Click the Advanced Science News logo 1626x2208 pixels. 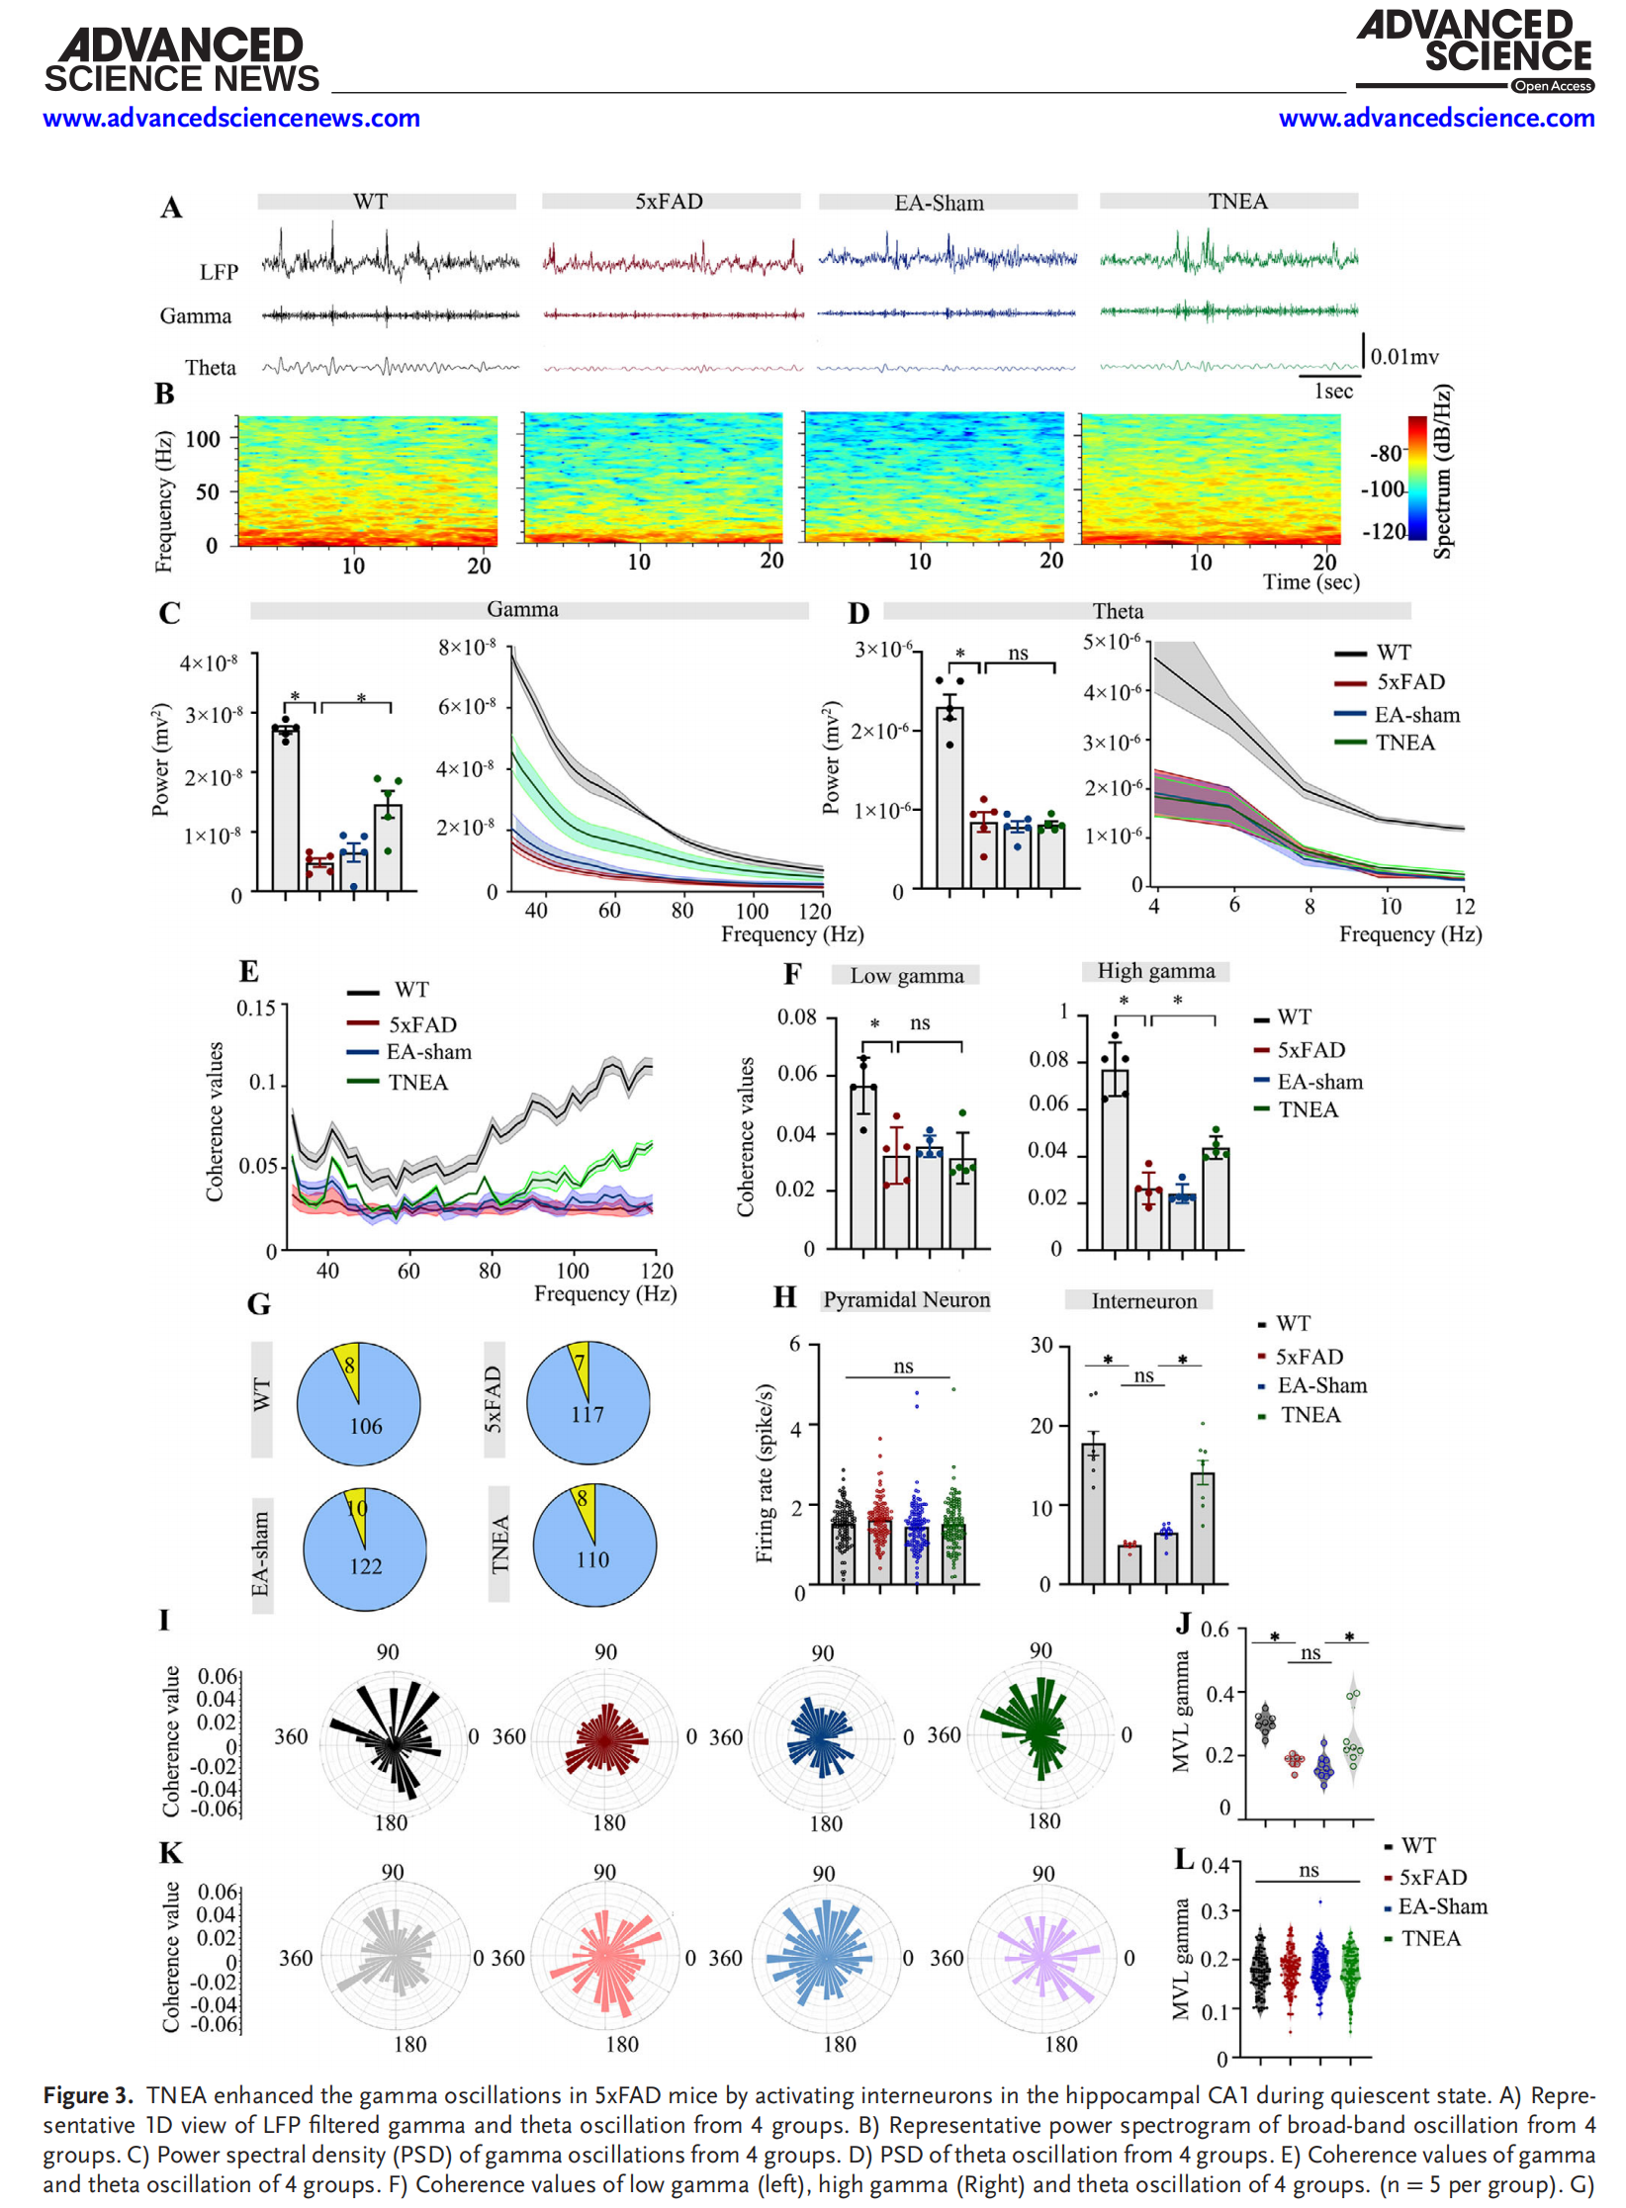181,61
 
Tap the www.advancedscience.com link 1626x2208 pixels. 1435,119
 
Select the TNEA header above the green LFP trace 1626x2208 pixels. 1236,202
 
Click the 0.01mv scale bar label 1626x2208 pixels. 1403,357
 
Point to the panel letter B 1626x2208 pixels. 164,395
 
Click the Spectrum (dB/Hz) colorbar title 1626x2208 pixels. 1443,472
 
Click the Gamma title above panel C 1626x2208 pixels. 522,610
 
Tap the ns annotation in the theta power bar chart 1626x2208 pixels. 1018,654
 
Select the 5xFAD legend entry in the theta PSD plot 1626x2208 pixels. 1409,682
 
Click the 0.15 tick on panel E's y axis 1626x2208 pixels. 256,1009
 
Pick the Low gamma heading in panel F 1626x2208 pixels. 906,976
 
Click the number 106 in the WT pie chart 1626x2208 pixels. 365,1426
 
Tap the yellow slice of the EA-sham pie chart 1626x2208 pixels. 357,1511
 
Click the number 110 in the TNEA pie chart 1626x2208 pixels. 592,1559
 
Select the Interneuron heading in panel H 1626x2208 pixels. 1143,1301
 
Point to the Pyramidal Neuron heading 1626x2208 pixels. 906,1300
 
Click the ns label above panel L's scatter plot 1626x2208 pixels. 1309,1870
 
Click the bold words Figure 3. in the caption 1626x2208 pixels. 88,2095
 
